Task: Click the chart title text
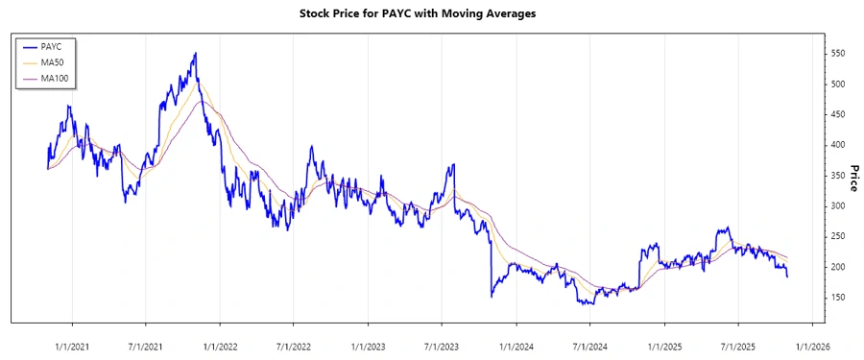(432, 14)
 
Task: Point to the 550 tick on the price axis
(839, 54)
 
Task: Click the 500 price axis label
(839, 84)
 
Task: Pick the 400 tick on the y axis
(839, 145)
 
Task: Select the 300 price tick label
(839, 206)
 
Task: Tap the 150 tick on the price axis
(839, 298)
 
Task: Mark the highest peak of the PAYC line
(196, 54)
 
